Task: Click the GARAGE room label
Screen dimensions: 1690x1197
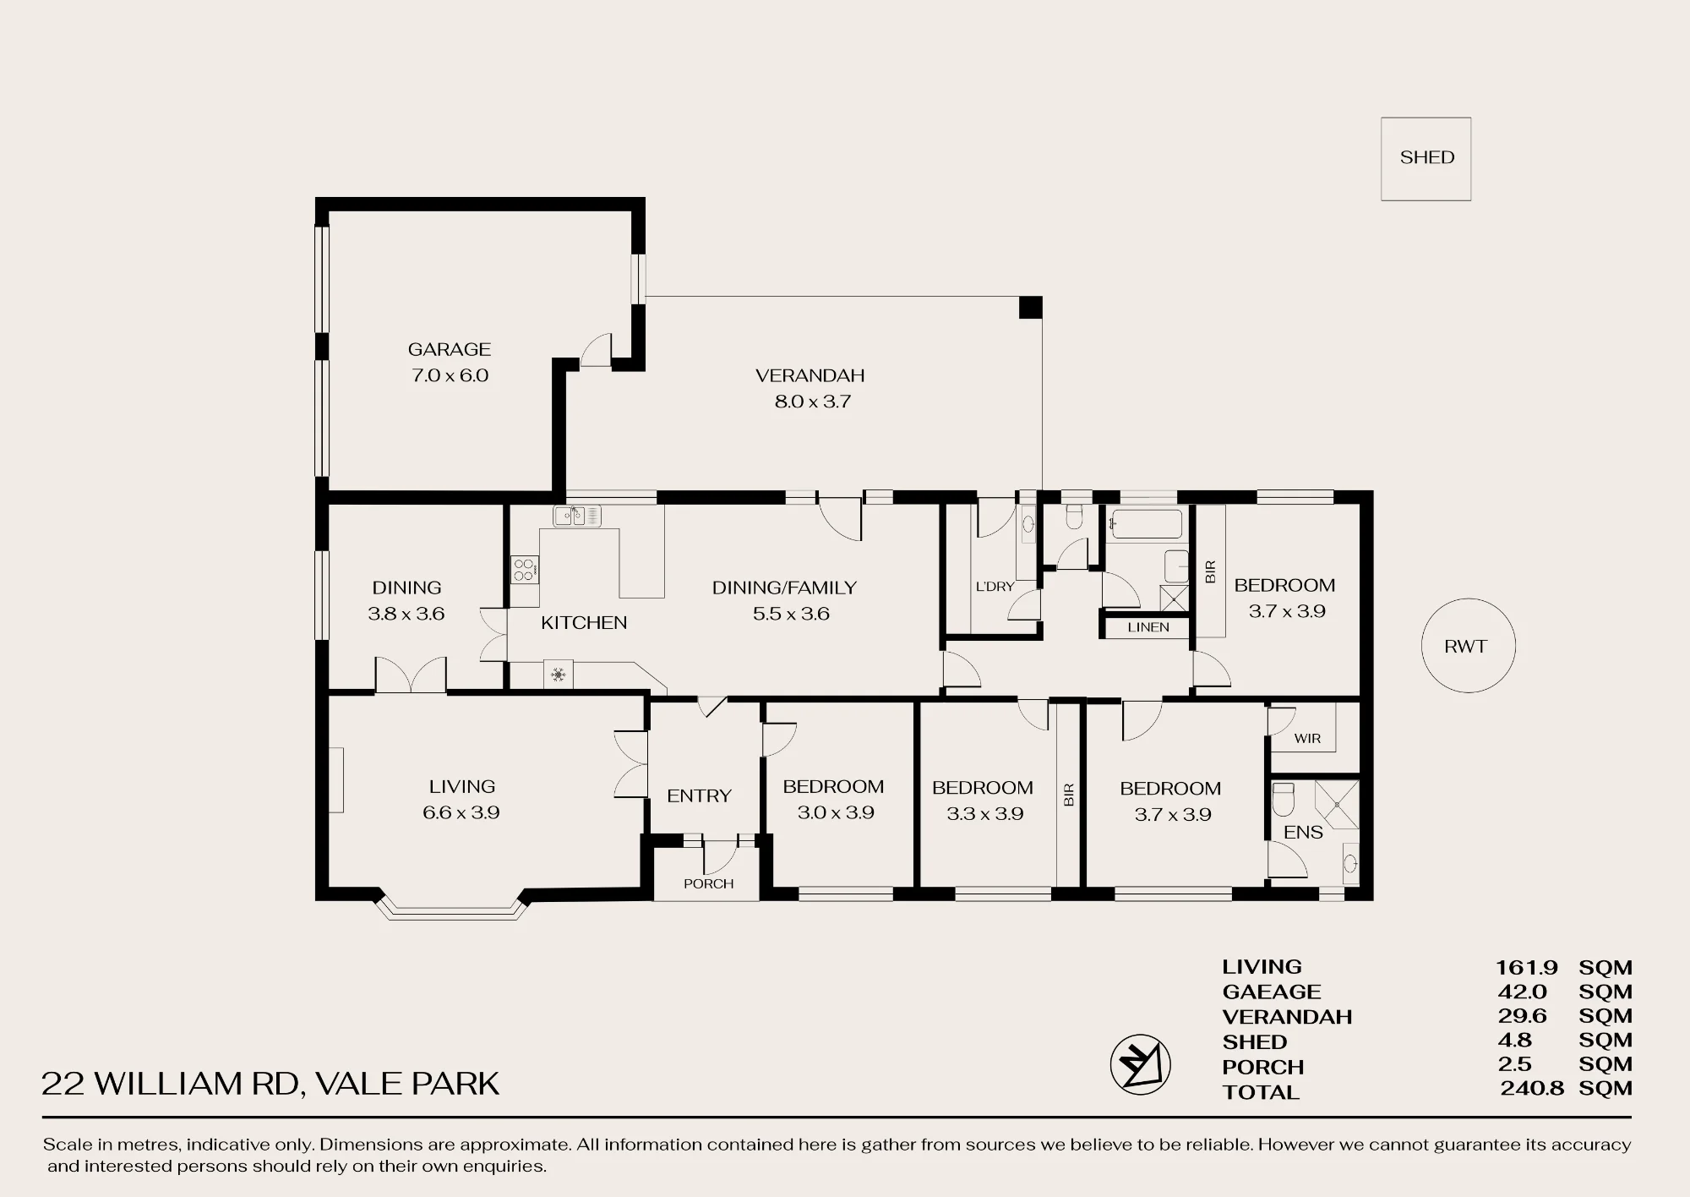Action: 449,349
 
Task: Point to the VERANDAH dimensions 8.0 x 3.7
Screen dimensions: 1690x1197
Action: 812,402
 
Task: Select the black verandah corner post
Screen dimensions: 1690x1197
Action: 1030,307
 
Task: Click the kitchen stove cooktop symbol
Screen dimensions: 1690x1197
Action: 524,569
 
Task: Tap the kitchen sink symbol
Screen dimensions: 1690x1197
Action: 577,516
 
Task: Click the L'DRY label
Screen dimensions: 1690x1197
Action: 995,586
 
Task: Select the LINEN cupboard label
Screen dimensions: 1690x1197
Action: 1148,627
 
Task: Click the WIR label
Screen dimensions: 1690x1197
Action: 1306,738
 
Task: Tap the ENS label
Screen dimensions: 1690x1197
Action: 1303,833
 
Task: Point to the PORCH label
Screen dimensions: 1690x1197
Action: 708,883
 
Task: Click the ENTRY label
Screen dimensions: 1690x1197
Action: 699,795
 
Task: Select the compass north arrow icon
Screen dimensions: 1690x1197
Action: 1140,1064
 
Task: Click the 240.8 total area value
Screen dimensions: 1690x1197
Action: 1532,1089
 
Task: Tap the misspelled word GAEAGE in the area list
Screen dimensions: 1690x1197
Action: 1271,992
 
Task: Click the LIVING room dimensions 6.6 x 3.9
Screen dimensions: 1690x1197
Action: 461,812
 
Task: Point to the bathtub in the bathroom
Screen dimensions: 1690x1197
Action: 1145,524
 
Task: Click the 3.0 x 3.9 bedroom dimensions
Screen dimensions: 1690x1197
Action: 835,812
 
